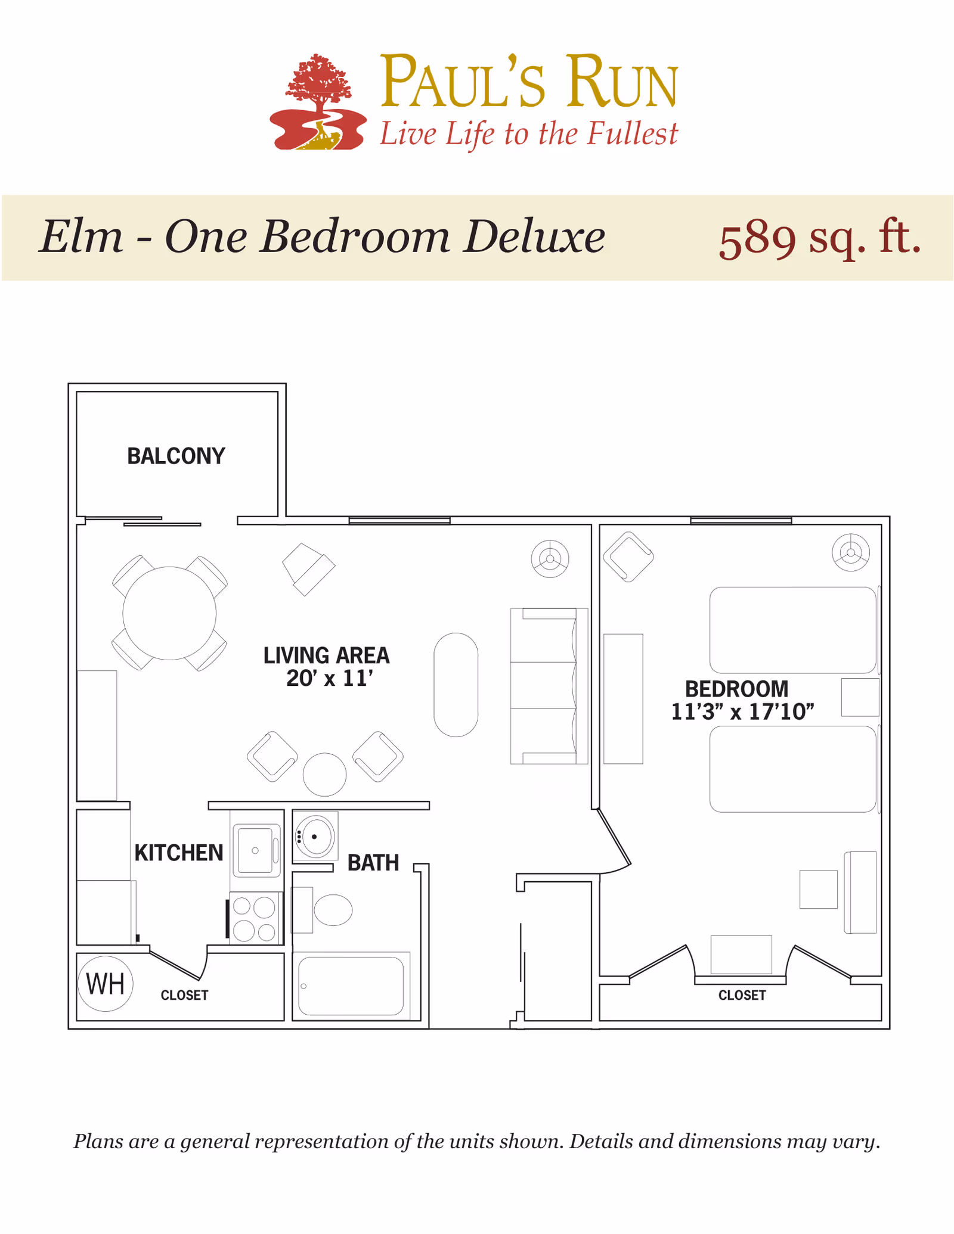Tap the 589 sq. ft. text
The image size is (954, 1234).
820,238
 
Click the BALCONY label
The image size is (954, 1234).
176,456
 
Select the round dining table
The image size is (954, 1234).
169,613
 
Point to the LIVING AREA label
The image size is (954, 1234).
327,655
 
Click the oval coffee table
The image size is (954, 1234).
456,685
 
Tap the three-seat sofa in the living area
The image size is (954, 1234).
549,686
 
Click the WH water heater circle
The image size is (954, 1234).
106,984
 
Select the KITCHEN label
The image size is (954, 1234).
179,853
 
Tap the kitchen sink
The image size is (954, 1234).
256,850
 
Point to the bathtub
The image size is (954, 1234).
351,986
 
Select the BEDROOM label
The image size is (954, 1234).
736,689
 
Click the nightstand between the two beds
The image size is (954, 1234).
860,697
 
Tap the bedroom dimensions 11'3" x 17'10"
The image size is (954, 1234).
742,712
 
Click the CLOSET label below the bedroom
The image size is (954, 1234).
742,995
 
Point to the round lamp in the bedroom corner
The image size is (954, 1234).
851,552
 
